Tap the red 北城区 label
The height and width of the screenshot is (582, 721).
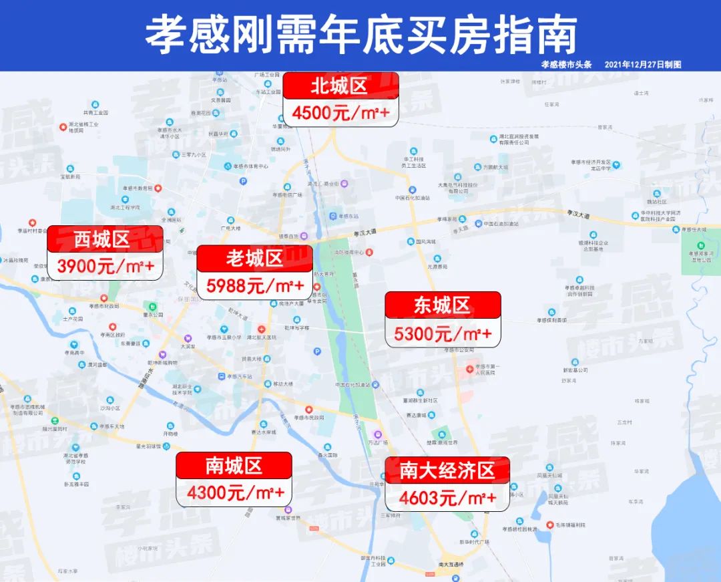[x=340, y=86]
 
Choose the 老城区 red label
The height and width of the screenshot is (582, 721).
[x=255, y=258]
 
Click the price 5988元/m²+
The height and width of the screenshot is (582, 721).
[x=255, y=286]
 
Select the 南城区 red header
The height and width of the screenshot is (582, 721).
[x=234, y=465]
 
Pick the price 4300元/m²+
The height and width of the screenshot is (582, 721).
[x=234, y=493]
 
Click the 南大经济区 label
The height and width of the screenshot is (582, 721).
[x=447, y=470]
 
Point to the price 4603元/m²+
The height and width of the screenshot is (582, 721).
[x=447, y=498]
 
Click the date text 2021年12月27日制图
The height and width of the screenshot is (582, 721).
[x=642, y=64]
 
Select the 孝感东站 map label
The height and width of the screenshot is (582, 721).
[x=348, y=216]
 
